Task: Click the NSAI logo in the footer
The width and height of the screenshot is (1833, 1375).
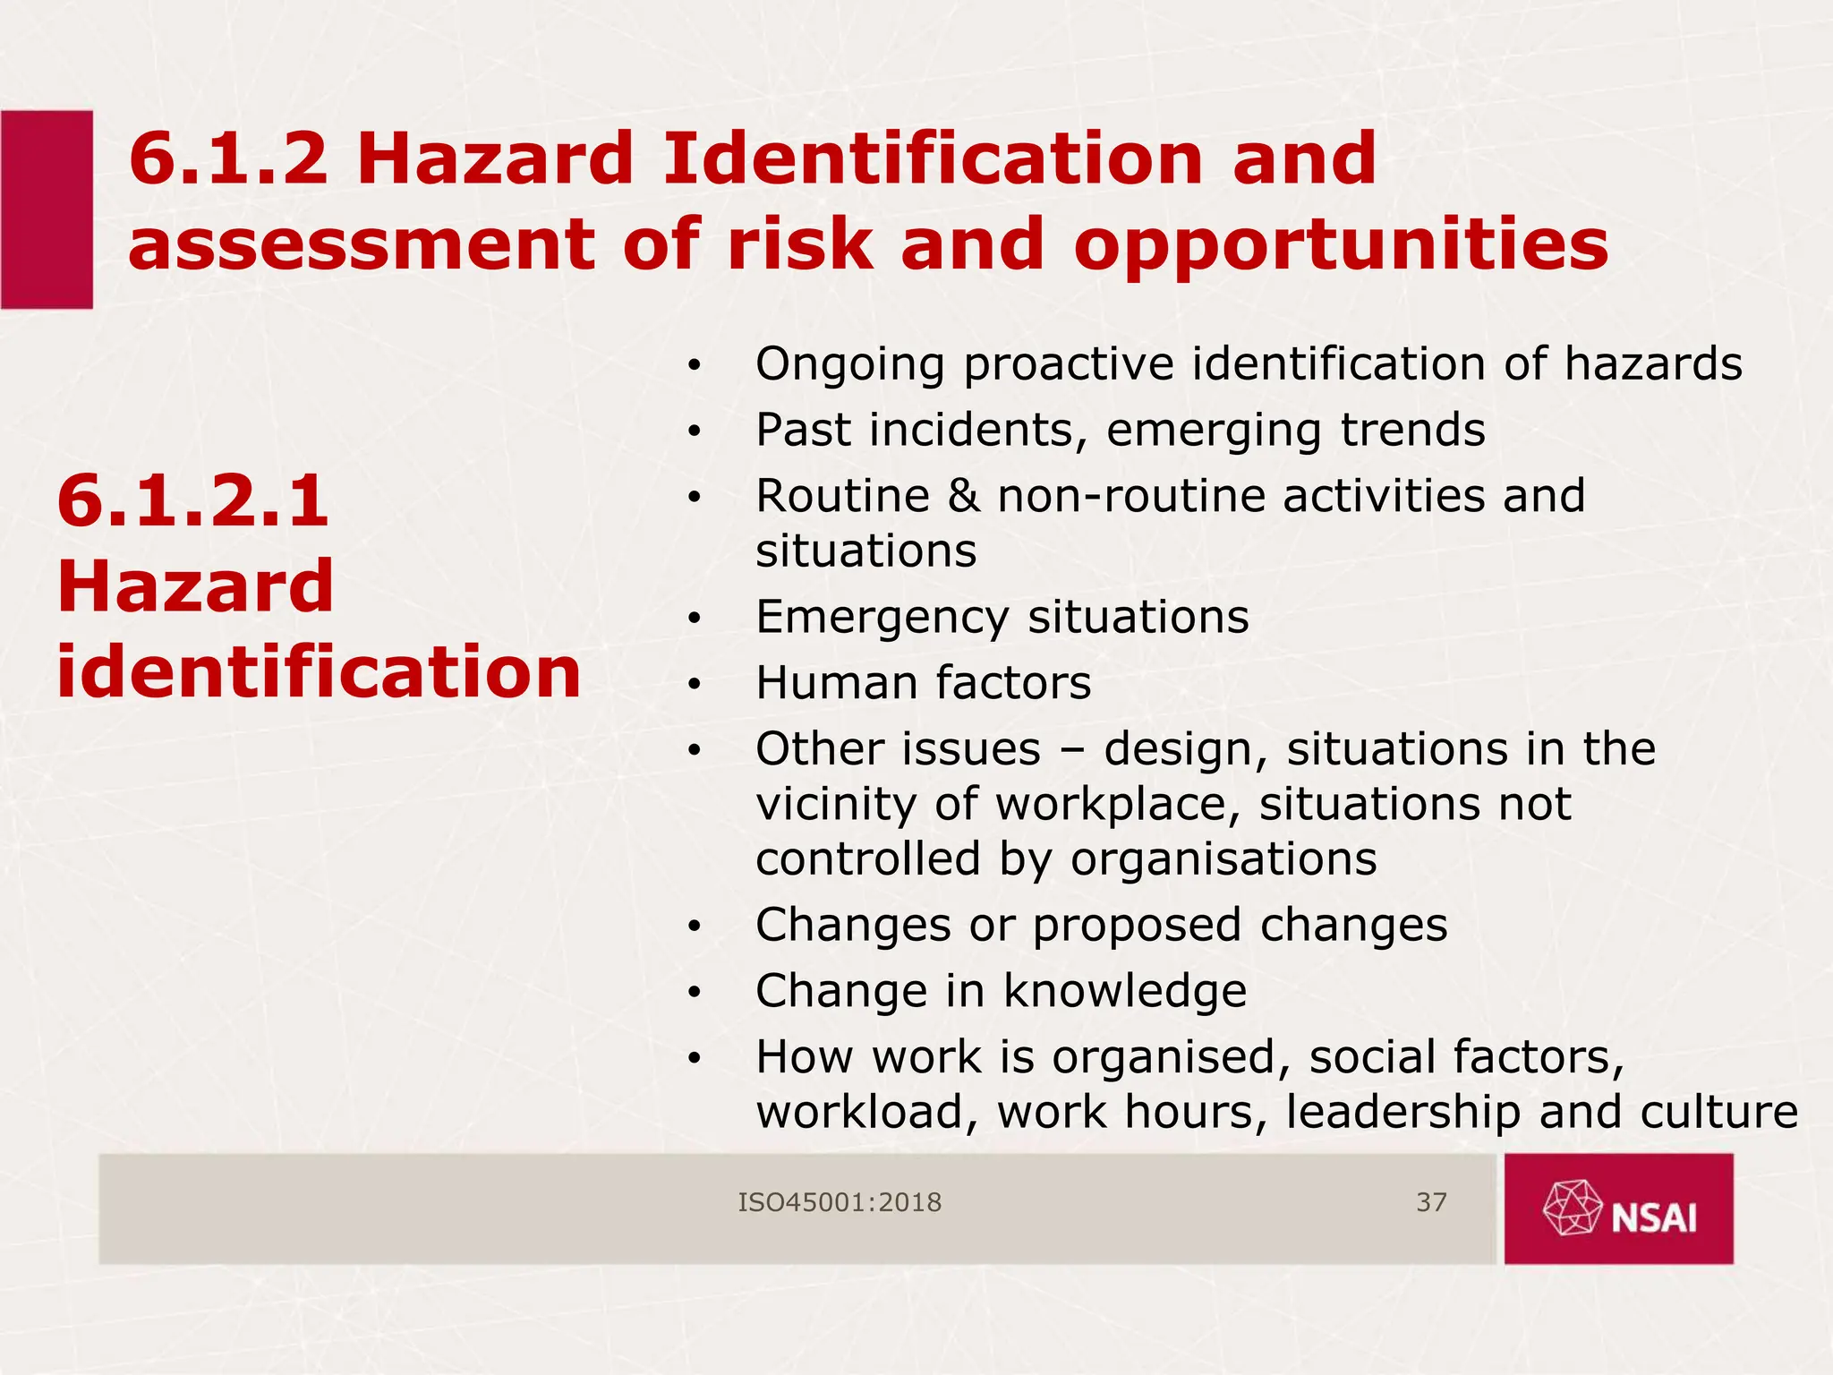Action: point(1619,1208)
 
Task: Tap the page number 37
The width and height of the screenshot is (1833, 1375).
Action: point(1431,1202)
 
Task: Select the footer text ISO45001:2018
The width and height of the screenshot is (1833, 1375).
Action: point(840,1202)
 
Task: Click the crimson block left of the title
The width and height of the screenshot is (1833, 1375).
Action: point(47,209)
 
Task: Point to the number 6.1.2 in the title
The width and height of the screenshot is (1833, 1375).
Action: point(228,159)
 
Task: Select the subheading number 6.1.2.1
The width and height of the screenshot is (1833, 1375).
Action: point(193,500)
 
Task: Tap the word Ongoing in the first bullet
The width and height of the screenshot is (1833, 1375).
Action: point(850,365)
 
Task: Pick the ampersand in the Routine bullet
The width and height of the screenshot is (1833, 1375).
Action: point(963,496)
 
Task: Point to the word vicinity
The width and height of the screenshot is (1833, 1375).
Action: point(836,804)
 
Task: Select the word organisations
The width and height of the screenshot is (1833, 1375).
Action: point(1223,858)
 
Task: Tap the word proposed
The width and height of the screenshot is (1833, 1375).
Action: point(1136,925)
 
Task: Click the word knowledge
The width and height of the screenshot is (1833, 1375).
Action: point(1124,991)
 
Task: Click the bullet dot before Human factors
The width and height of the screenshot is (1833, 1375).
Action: point(694,685)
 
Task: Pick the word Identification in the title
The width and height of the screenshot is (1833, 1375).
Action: point(931,159)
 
